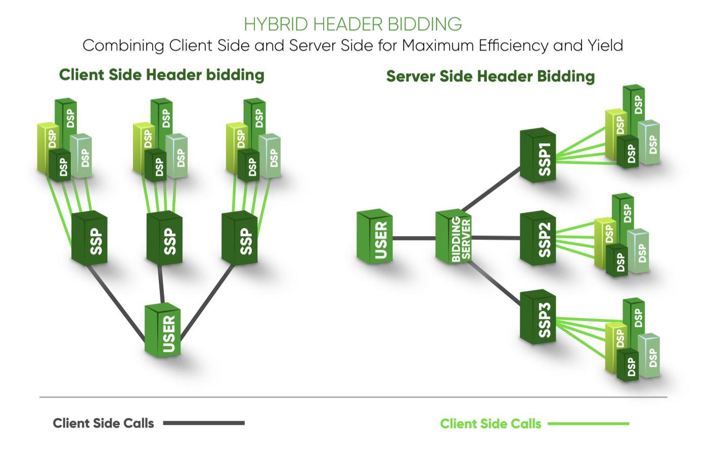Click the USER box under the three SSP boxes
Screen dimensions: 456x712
click(163, 332)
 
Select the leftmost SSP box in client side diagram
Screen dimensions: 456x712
click(90, 239)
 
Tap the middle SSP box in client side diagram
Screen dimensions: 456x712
click(165, 239)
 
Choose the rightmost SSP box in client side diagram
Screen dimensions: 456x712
click(240, 239)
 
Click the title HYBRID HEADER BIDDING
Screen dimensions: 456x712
click(352, 24)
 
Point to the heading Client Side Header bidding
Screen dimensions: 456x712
click(161, 75)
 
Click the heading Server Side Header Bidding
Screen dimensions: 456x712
click(490, 76)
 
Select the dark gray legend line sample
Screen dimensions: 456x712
click(204, 423)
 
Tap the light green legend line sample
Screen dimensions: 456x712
click(588, 424)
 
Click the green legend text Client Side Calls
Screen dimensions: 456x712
click(490, 424)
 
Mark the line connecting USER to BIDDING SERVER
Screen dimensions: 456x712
click(414, 238)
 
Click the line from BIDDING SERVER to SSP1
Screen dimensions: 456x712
click(492, 189)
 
